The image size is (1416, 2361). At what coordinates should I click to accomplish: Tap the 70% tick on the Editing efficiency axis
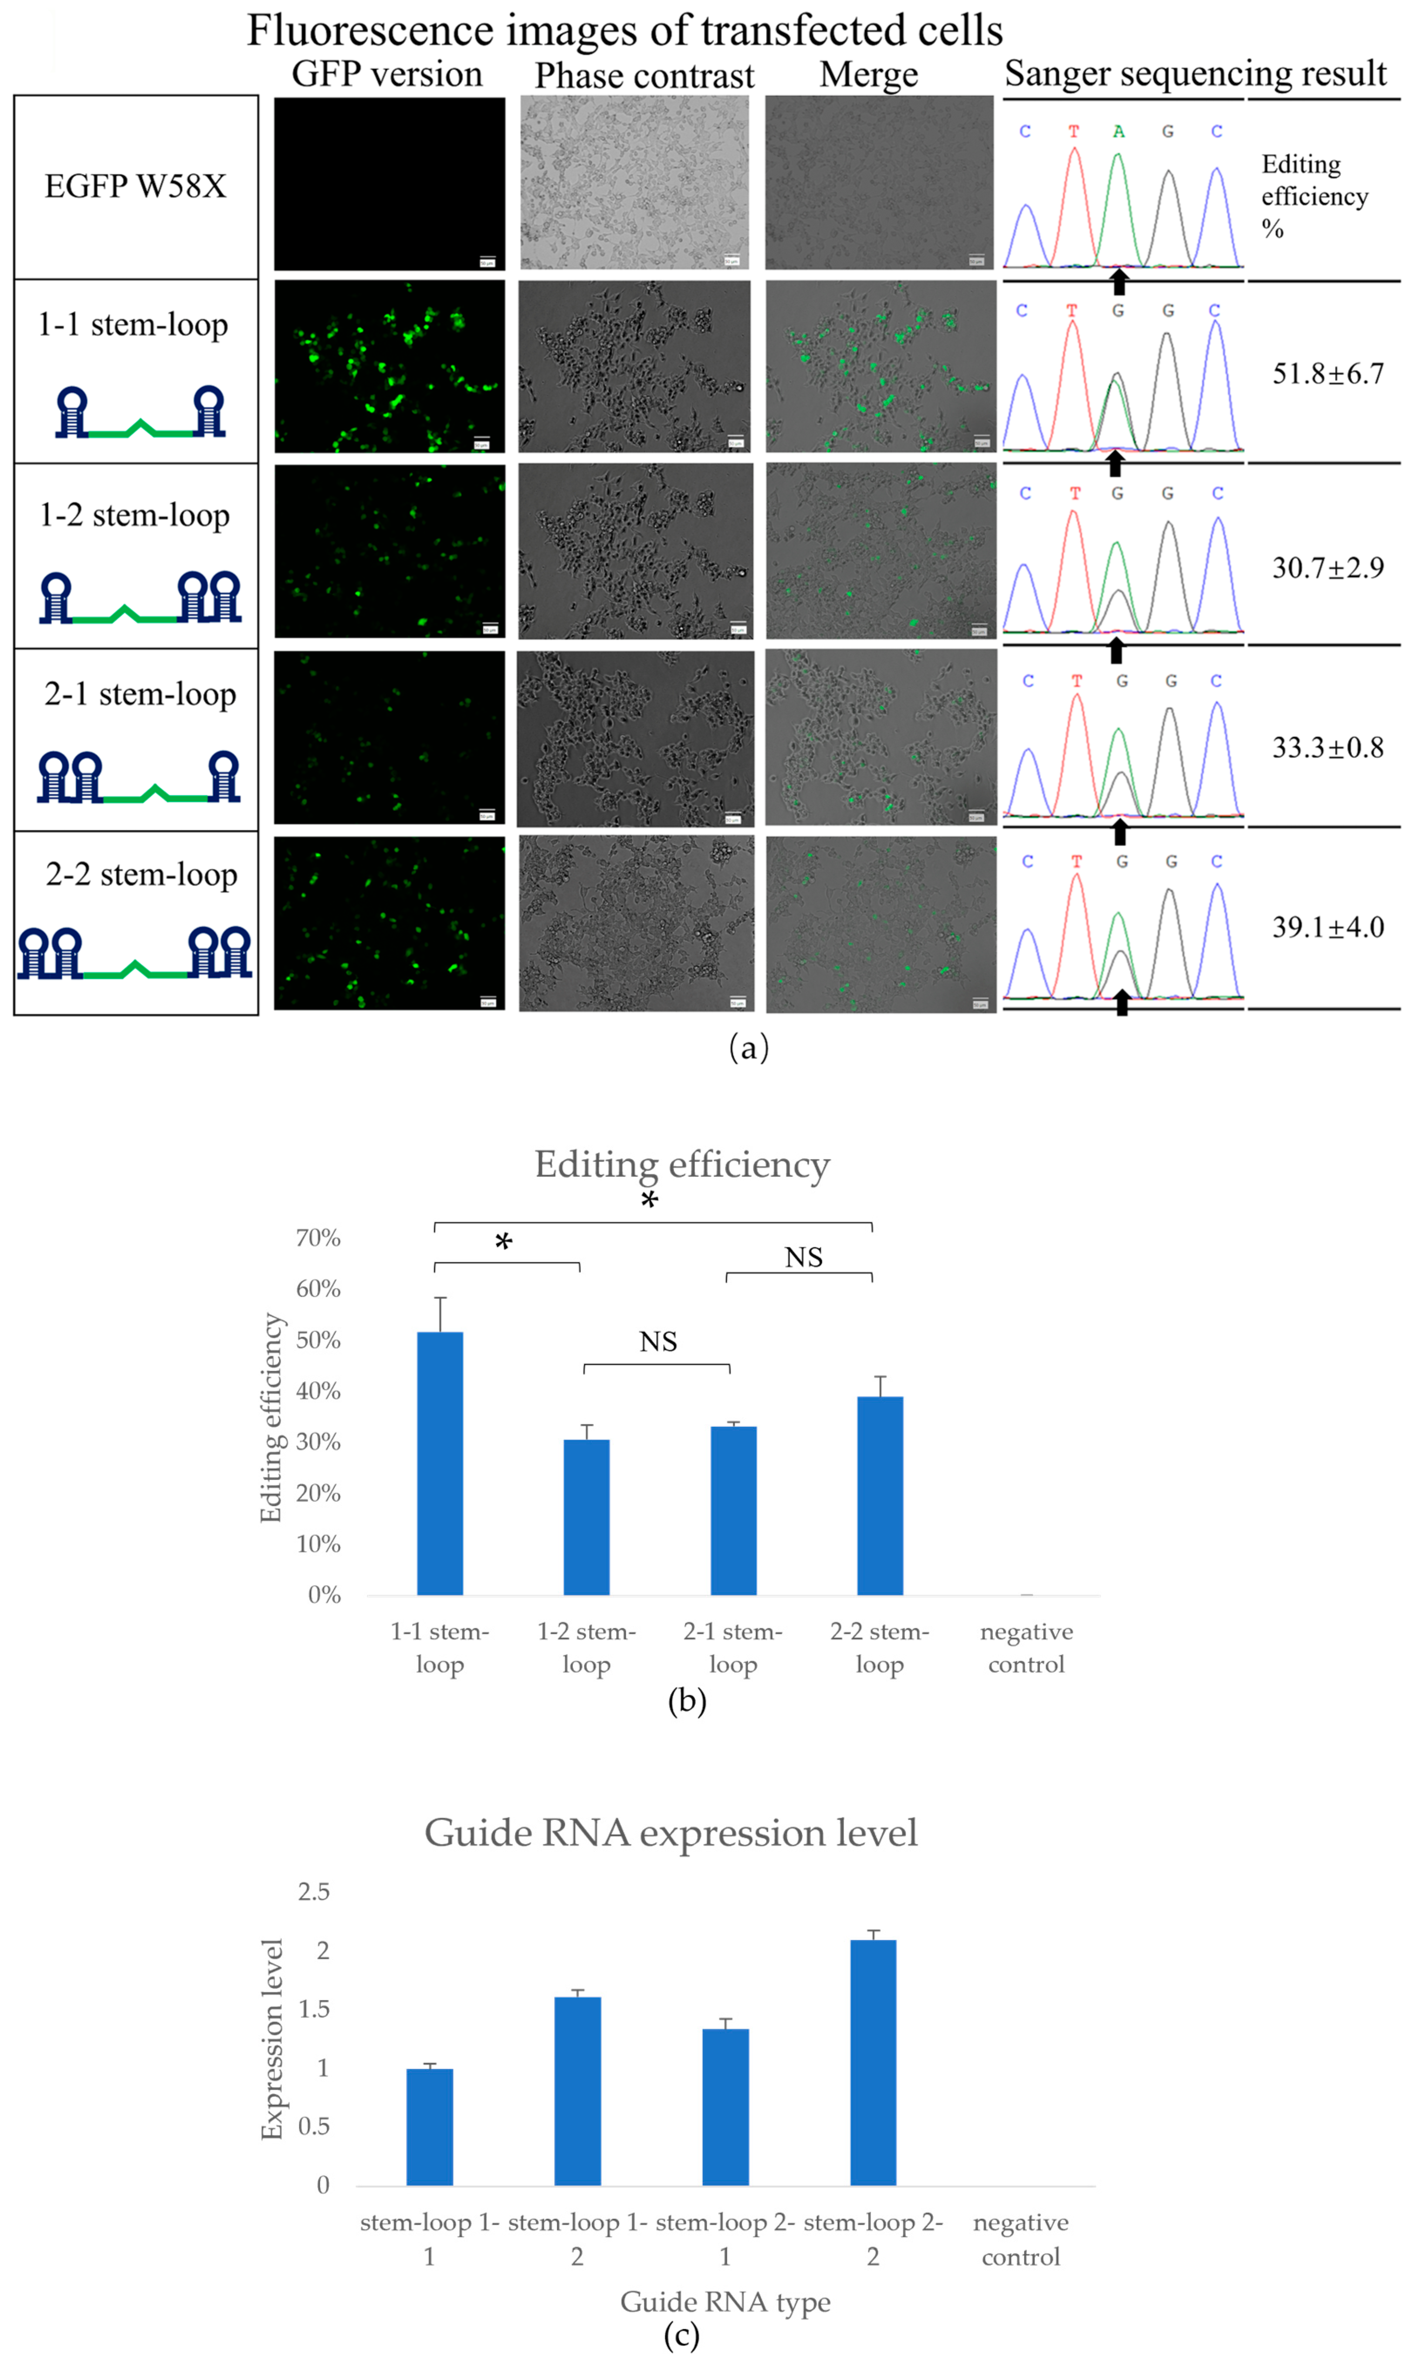point(318,1237)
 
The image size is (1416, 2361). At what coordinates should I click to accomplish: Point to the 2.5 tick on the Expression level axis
point(314,1892)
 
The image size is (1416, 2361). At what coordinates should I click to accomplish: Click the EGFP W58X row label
point(136,186)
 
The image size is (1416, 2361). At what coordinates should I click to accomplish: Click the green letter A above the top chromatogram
point(1118,132)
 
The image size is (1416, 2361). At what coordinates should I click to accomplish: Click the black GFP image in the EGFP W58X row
point(390,183)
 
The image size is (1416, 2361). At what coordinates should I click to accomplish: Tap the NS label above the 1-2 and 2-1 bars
point(657,1341)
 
